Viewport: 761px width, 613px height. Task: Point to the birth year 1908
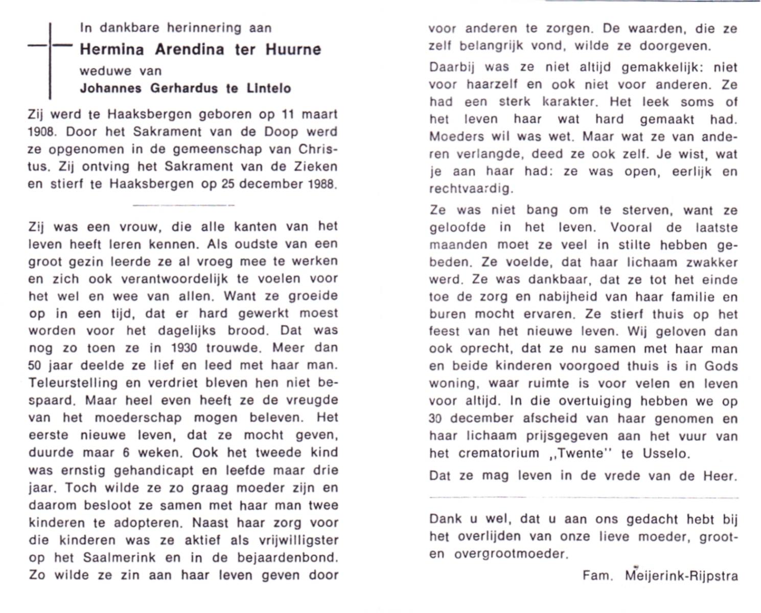coord(41,132)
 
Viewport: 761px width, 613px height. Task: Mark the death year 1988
coord(322,184)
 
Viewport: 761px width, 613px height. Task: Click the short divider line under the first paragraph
coord(183,205)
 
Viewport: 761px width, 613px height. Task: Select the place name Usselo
coord(663,453)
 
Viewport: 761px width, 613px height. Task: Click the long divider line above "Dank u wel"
coord(583,497)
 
